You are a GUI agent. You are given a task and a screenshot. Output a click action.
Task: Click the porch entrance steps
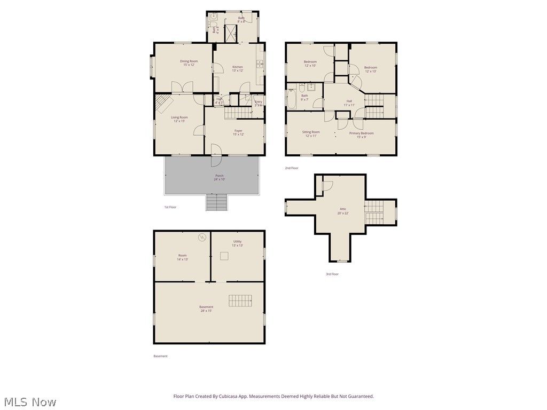click(216, 202)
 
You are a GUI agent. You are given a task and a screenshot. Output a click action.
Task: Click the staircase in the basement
click(240, 301)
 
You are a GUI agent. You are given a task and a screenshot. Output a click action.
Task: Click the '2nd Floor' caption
click(292, 168)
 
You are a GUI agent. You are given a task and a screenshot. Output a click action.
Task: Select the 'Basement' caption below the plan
click(160, 356)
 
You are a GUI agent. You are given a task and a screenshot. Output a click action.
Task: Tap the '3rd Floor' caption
click(332, 274)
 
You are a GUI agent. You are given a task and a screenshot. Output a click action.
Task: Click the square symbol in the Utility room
click(224, 256)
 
